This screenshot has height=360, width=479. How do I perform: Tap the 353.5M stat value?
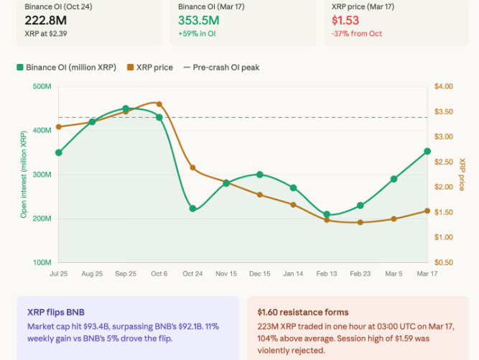point(200,19)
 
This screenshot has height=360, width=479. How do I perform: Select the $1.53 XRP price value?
point(345,19)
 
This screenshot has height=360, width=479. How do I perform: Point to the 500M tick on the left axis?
point(42,87)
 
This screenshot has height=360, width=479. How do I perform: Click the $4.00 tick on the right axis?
point(444,87)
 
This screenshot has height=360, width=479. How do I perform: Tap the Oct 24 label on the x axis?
point(192,274)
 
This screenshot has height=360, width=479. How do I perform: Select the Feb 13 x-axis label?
point(327,274)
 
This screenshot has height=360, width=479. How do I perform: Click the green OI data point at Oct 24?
point(192,209)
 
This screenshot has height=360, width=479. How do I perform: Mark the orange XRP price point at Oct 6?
point(159,104)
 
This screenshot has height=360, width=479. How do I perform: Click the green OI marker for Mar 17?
point(427,152)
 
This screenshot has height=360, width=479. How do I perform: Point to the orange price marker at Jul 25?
point(58,127)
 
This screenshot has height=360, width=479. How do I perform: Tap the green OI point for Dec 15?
point(259,175)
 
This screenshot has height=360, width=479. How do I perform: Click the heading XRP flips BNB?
point(55,313)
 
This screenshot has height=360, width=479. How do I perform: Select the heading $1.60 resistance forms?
point(303,313)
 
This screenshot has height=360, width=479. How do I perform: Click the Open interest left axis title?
point(24,175)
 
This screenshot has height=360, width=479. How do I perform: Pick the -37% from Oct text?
point(355,34)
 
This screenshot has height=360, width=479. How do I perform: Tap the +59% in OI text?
point(197,34)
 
